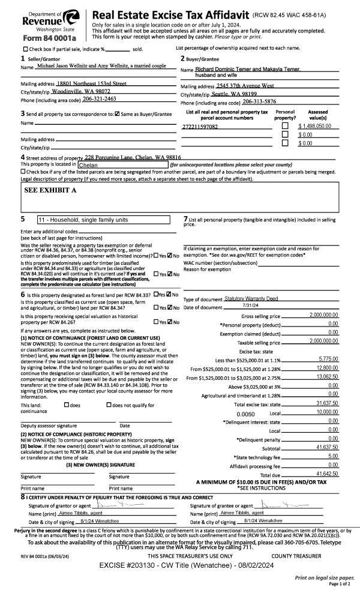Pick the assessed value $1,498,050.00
(x=315, y=127)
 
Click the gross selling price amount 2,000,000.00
(x=323, y=315)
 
